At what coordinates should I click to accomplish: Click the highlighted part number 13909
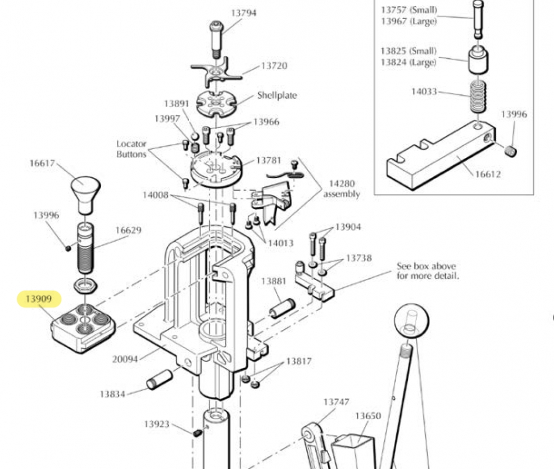pos(39,300)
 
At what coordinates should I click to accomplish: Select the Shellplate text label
pos(276,95)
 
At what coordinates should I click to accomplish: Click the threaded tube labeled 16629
pos(85,251)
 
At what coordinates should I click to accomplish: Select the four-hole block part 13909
pos(83,328)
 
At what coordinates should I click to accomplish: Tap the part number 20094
pos(125,359)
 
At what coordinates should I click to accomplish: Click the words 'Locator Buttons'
pos(131,149)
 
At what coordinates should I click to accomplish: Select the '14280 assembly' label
pos(341,188)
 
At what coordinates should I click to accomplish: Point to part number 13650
pos(368,415)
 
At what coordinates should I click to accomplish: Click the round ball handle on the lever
pos(411,323)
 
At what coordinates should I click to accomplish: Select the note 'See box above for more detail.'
pos(427,271)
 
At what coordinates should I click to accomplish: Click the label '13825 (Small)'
pos(408,51)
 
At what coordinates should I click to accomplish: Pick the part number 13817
pos(299,361)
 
